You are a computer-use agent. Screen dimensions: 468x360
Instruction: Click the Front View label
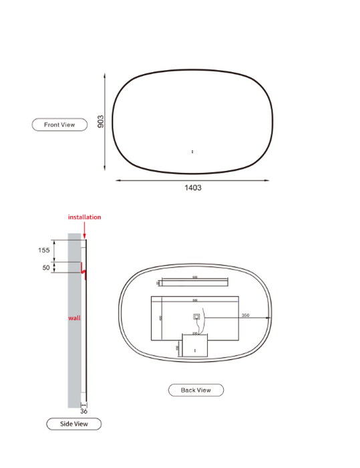59,124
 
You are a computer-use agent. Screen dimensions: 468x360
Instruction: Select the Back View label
196,390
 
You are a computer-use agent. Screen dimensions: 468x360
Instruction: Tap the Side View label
73,424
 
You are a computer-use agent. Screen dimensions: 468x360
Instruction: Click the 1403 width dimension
193,188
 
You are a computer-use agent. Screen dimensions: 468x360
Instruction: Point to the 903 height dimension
101,120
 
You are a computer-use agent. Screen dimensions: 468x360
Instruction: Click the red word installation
85,217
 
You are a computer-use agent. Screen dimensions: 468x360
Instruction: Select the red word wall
74,318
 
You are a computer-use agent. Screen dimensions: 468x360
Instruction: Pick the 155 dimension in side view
43,250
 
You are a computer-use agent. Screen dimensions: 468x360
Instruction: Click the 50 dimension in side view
46,267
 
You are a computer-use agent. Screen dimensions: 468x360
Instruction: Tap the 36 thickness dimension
84,411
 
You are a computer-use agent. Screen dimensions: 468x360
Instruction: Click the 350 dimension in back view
245,316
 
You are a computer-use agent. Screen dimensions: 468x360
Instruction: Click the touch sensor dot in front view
192,152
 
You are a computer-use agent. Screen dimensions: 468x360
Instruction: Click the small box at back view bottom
195,348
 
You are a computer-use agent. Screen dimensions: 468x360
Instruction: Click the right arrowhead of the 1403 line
267,179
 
